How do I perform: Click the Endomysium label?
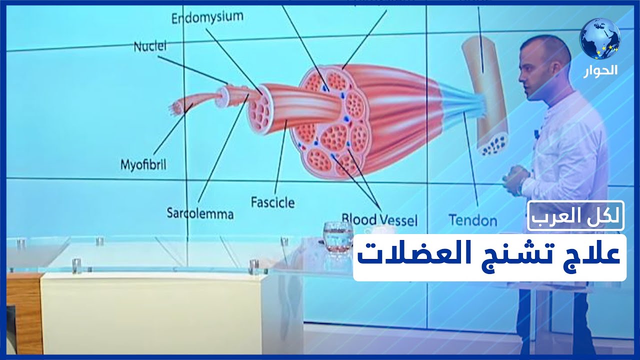(x=207, y=17)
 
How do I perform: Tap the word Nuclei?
(x=149, y=46)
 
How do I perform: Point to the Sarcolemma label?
(x=200, y=214)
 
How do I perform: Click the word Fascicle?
(x=272, y=202)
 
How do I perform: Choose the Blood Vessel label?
(x=379, y=219)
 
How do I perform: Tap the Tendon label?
(x=472, y=220)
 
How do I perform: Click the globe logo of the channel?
(x=600, y=38)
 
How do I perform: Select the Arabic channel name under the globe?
(x=600, y=70)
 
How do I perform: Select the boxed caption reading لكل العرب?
(x=575, y=216)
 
